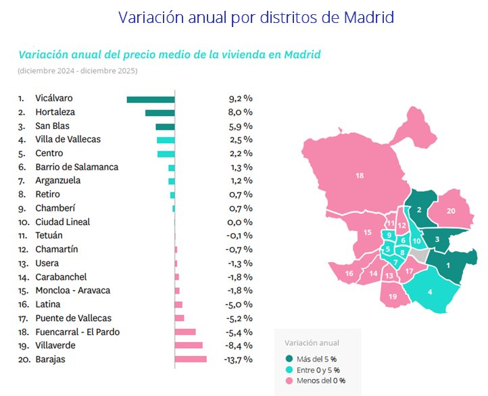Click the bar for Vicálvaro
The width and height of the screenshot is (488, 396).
(151, 99)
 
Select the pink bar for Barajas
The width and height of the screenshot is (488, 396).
(191, 360)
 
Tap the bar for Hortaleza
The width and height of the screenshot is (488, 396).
(160, 113)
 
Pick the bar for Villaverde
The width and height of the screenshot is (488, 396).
(189, 345)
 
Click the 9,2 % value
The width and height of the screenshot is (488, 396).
(240, 99)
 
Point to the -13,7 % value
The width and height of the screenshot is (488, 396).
(237, 360)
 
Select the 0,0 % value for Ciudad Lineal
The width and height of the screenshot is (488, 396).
(240, 222)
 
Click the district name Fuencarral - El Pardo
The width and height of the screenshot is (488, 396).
(72, 332)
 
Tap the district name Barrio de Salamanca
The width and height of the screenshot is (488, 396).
(76, 167)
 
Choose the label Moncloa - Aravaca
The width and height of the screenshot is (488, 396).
(72, 291)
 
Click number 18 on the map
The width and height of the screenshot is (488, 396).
(360, 175)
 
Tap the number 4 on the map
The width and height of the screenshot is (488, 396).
(431, 292)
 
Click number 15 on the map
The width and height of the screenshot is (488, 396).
(368, 232)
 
